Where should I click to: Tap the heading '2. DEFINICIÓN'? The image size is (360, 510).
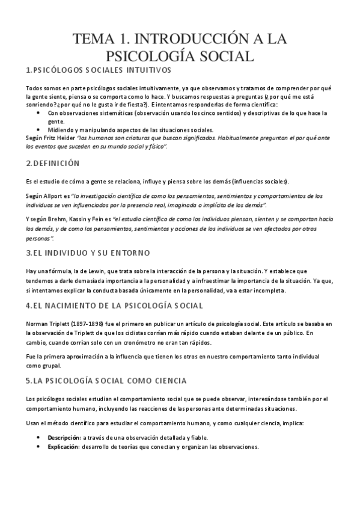53,163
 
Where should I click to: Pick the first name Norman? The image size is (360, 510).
39,324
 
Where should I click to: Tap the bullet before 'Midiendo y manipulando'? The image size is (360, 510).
39,129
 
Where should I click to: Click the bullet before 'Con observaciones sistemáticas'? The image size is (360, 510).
39,112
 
